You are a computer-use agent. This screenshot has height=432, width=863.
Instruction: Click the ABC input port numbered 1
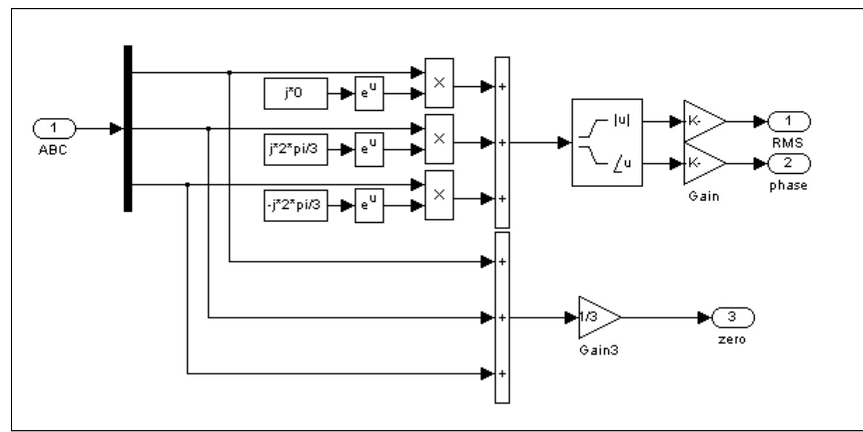tap(54, 128)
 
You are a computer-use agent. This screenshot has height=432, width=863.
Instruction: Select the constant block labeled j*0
tap(295, 93)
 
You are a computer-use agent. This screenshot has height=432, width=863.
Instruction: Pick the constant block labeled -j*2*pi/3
tap(295, 206)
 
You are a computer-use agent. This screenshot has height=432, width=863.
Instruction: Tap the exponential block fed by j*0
tap(369, 93)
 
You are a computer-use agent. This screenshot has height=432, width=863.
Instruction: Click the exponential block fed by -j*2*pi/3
tap(369, 206)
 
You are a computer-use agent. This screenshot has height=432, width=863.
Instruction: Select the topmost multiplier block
tap(439, 83)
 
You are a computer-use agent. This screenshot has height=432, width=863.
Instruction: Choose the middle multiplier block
tap(439, 139)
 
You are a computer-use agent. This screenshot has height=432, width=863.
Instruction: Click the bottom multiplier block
tap(439, 195)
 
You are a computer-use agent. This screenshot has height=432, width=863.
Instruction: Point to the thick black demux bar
tap(128, 128)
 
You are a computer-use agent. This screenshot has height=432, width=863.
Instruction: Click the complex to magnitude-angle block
tap(607, 142)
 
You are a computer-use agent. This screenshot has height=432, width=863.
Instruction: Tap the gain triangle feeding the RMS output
tap(703, 121)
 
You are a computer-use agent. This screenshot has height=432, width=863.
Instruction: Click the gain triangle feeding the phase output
tap(703, 163)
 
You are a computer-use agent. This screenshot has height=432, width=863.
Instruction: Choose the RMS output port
tap(788, 121)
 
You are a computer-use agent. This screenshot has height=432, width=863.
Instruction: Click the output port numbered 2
tap(788, 163)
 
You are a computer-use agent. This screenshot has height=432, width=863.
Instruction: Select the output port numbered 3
tap(732, 318)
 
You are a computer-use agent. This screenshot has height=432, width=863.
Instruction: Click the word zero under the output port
tap(732, 339)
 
